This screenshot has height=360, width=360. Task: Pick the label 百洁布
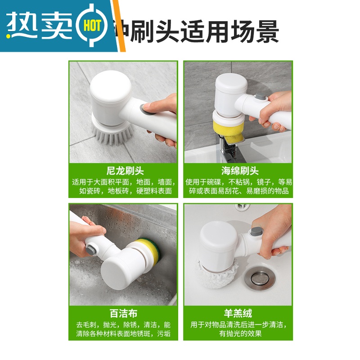[x=123, y=314]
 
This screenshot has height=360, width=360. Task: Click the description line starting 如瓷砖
[x=126, y=191]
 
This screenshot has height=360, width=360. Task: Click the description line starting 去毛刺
[x=123, y=324]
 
